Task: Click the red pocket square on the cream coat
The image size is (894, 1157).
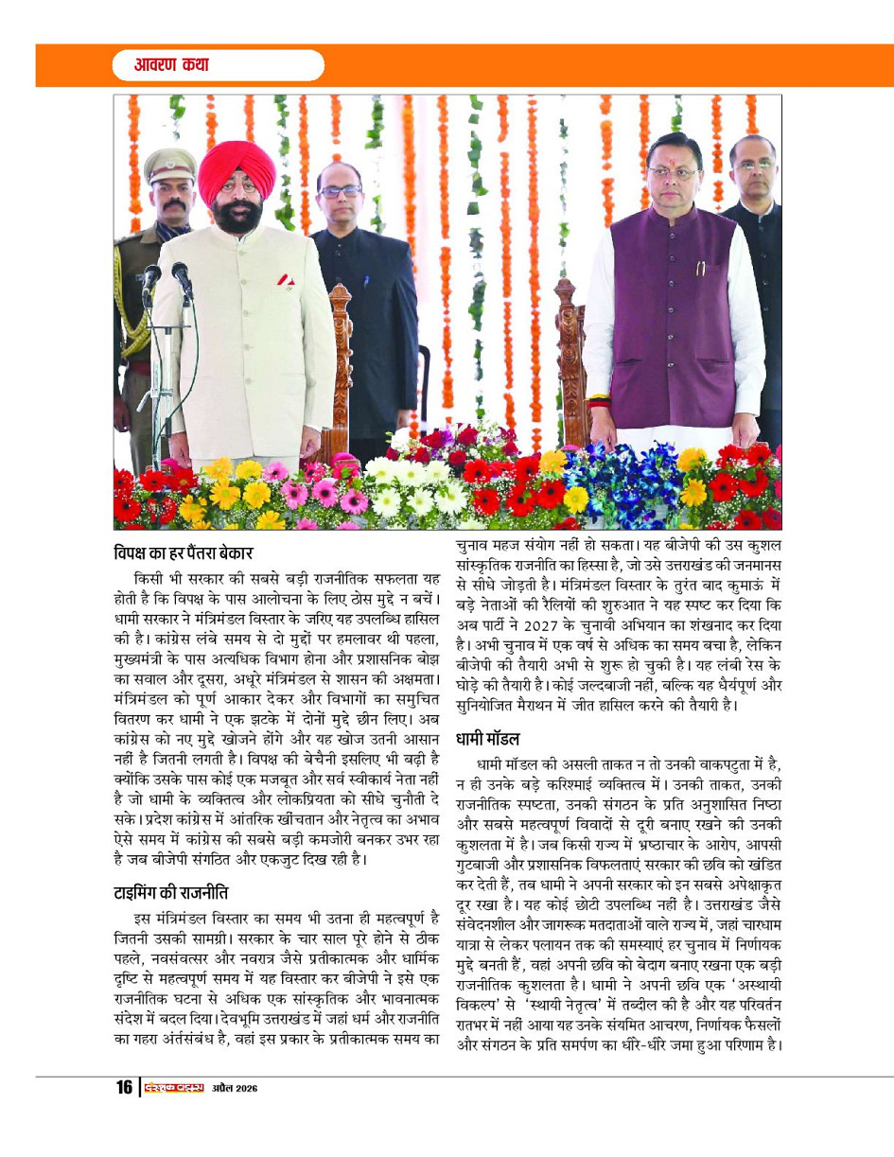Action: coord(285,280)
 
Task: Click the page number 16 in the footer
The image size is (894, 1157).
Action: coord(124,1087)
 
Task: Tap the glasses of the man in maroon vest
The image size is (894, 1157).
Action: coord(674,173)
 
